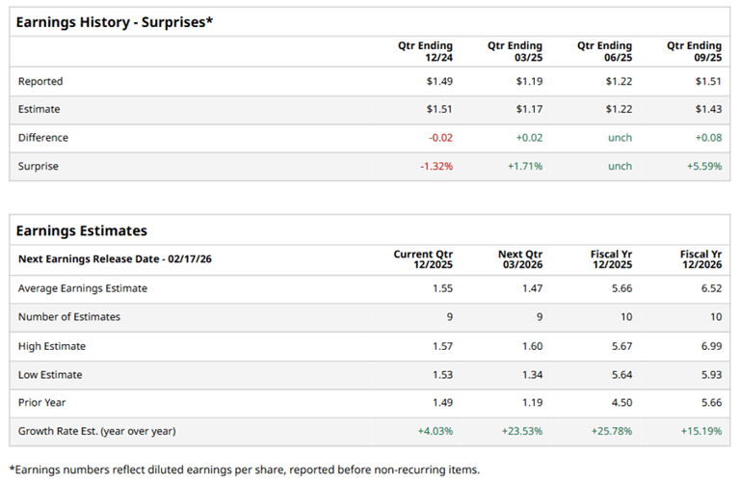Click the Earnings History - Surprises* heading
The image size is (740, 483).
point(114,21)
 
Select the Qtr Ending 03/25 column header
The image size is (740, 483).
point(515,52)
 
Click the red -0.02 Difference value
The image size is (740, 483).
point(440,138)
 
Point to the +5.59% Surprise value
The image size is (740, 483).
point(704,166)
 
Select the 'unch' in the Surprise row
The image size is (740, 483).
point(620,166)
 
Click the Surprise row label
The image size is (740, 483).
point(39,166)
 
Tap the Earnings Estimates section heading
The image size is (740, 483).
point(82,230)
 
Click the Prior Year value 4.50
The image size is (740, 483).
point(621,402)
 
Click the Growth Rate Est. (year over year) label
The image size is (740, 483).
point(97,431)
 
